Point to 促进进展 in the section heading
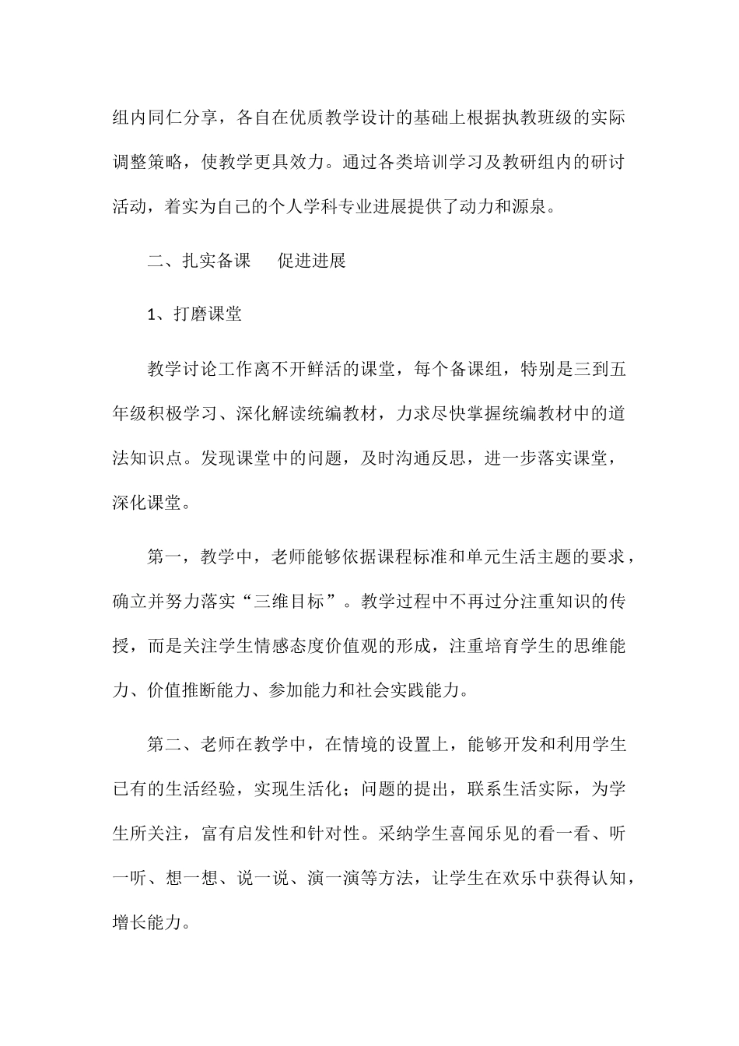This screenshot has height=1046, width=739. (312, 261)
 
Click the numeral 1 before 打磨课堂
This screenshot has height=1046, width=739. (152, 314)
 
